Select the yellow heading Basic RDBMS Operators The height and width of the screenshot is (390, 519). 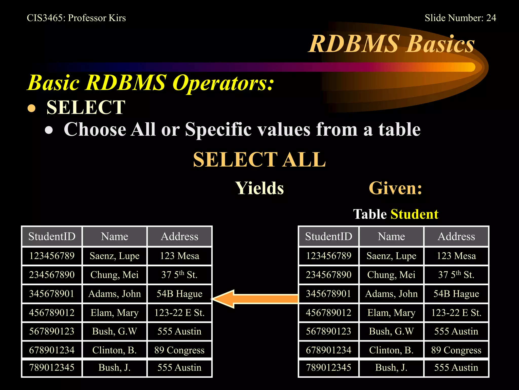(x=151, y=83)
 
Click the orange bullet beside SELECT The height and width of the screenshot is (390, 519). (x=31, y=108)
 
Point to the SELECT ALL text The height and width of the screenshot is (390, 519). (x=259, y=159)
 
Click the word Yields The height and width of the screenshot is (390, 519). (x=259, y=188)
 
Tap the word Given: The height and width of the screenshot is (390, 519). (x=395, y=188)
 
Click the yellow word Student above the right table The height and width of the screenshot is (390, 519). (x=414, y=214)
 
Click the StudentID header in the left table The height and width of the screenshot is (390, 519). (x=52, y=236)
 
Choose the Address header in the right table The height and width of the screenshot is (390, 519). (x=456, y=236)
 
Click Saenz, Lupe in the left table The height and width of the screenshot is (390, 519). (x=115, y=256)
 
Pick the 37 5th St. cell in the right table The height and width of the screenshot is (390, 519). (x=456, y=275)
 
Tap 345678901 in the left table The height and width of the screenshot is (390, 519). (x=52, y=294)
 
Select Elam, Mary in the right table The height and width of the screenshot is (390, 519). (x=391, y=313)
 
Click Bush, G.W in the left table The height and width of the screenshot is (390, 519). (x=115, y=331)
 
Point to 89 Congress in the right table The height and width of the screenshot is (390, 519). (x=456, y=350)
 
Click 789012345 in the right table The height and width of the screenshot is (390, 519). (x=328, y=367)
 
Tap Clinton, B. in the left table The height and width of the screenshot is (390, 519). (x=115, y=350)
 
